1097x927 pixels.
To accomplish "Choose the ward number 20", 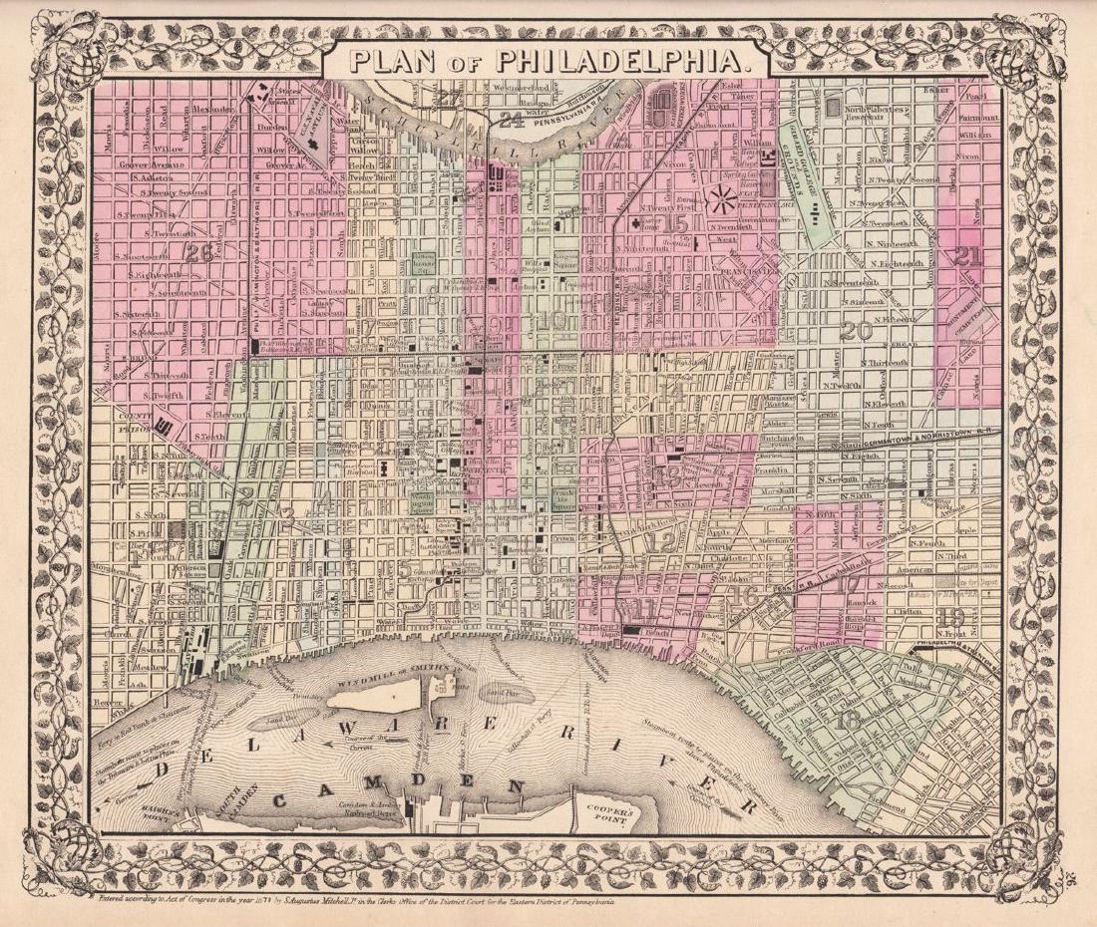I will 856,331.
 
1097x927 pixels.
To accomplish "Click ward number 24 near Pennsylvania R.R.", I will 511,121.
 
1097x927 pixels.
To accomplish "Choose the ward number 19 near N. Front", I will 951,616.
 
